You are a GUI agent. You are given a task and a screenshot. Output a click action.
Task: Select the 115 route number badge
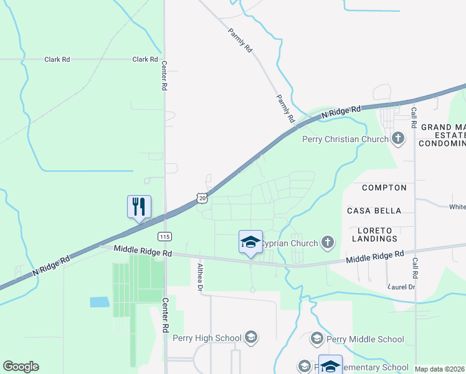[164, 236]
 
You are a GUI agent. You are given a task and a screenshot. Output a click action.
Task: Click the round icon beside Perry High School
[250, 338]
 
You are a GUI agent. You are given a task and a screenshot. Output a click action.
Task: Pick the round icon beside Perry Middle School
[317, 338]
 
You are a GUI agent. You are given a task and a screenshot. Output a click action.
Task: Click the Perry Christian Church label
[345, 139]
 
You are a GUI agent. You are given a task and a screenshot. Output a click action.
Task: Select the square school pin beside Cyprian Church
[250, 242]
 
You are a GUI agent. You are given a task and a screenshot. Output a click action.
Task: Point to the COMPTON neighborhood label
[384, 188]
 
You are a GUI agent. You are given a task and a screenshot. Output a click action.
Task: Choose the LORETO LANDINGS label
[374, 234]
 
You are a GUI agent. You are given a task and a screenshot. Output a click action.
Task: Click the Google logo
[21, 367]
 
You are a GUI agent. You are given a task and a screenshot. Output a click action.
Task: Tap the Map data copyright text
[439, 369]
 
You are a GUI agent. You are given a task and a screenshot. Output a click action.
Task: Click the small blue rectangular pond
[100, 302]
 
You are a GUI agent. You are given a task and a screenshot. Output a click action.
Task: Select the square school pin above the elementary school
[330, 364]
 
